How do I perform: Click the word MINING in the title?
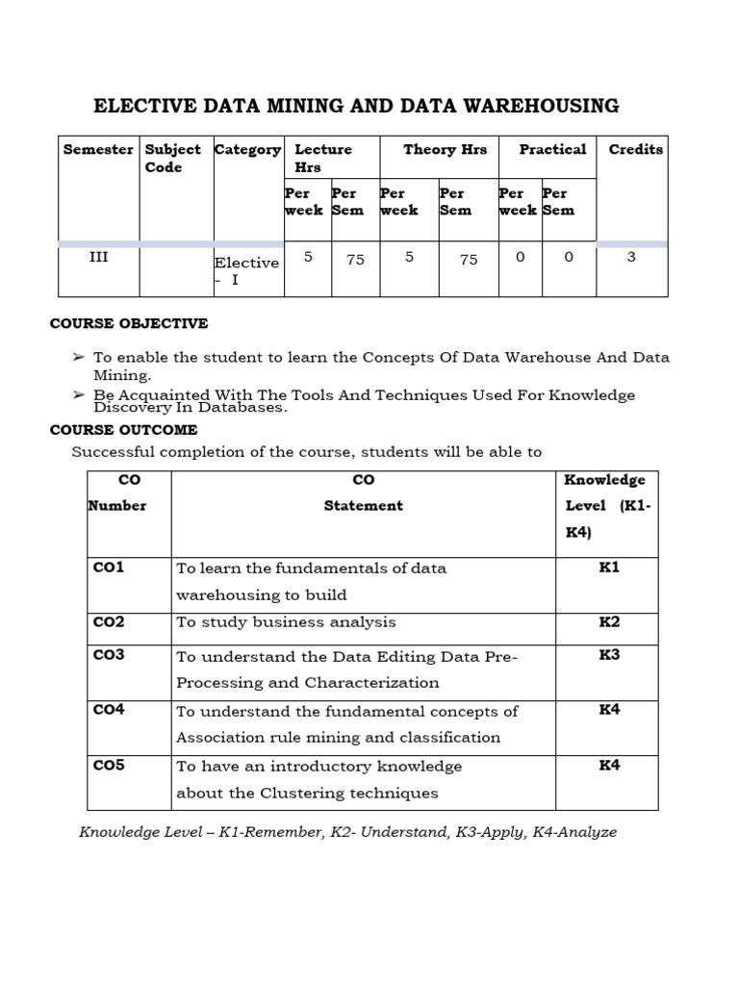[326, 106]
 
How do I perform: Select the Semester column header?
[98, 149]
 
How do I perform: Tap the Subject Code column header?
[172, 158]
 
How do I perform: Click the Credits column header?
[635, 149]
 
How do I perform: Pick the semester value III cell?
[98, 257]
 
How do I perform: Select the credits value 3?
[631, 257]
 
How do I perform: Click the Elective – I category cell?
[246, 270]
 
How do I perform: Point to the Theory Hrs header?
[445, 149]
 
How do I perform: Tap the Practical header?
[552, 149]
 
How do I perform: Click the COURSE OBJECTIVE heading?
[129, 323]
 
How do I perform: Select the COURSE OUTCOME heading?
[123, 429]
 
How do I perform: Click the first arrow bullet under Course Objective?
[79, 357]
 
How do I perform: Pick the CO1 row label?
[109, 568]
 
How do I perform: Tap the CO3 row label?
[109, 655]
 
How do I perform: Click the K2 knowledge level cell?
[609, 621]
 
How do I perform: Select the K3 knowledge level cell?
[609, 655]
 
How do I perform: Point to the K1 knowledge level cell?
[609, 568]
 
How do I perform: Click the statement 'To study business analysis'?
[286, 622]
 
